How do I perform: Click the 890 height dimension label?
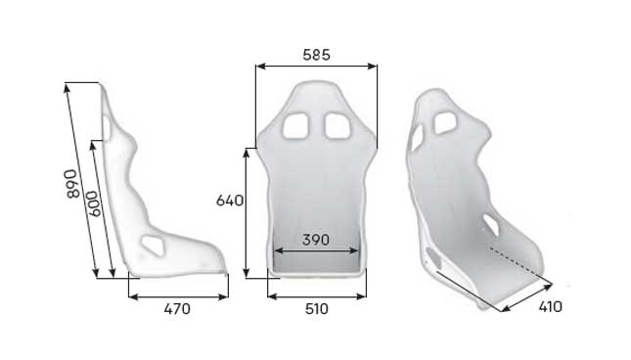70,183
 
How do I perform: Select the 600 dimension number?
94,203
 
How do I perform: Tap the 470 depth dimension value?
176,309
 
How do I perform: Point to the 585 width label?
316,55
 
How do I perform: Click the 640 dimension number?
229,201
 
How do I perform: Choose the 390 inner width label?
316,240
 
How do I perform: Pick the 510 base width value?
316,309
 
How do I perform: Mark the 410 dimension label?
549,306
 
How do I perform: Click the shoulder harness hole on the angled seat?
445,122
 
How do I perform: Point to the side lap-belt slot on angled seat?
490,226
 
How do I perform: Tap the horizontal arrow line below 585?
316,67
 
